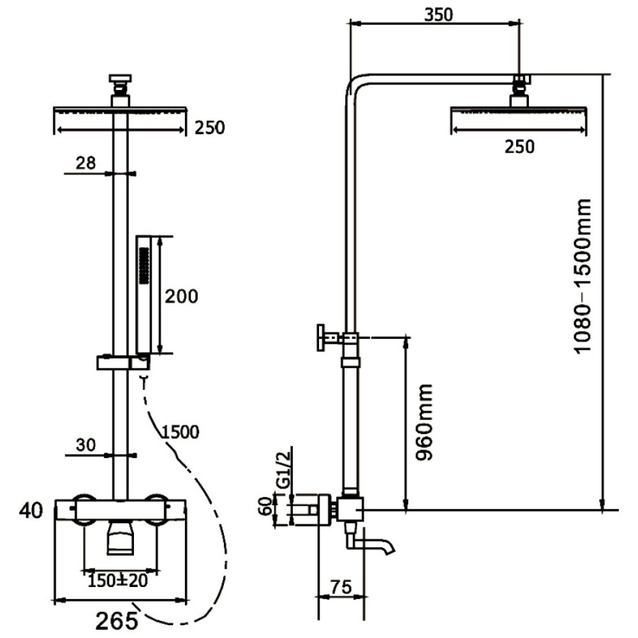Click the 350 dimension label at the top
[438, 15]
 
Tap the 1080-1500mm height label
[582, 276]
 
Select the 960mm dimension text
[424, 422]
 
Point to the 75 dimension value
[341, 587]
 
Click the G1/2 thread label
[284, 469]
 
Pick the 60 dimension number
[267, 505]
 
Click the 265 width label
[117, 620]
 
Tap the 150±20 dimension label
[118, 581]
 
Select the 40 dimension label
[31, 510]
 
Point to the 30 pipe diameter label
[86, 445]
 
